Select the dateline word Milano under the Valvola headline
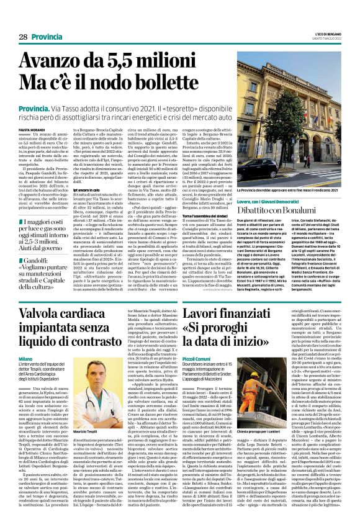point(25,358)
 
